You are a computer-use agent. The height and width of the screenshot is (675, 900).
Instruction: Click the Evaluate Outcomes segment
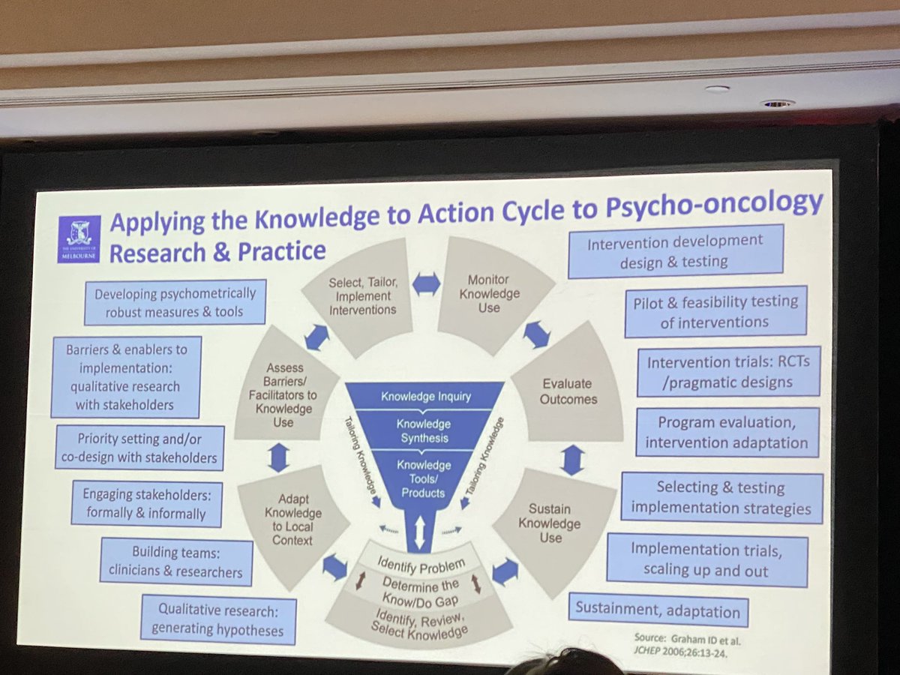point(568,391)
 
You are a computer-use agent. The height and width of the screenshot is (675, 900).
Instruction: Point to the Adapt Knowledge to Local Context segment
point(293,520)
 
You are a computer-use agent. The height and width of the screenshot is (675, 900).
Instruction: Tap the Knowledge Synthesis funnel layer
point(424,430)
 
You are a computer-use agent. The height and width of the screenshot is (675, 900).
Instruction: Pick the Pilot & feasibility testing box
point(715,310)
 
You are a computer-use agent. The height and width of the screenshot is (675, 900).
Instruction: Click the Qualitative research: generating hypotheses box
point(217,619)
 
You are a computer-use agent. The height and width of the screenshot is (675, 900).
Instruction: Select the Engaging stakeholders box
point(147,503)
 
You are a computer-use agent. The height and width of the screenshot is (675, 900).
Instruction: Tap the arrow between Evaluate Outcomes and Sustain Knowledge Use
point(572,459)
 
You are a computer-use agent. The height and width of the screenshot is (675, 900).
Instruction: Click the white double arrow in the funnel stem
point(419,531)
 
